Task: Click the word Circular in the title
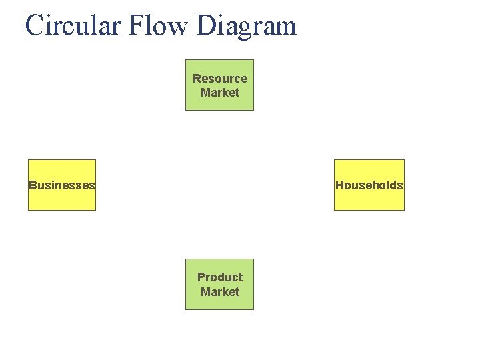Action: tap(73, 26)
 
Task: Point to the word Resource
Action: tap(220, 79)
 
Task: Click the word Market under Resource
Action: tap(220, 93)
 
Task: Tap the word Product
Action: tap(220, 277)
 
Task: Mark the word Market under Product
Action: tap(220, 292)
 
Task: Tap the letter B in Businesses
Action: tap(33, 185)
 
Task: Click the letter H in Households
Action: tap(339, 185)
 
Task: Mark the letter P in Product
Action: tap(201, 277)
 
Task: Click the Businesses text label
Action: tap(62, 185)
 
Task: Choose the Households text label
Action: tap(369, 185)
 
